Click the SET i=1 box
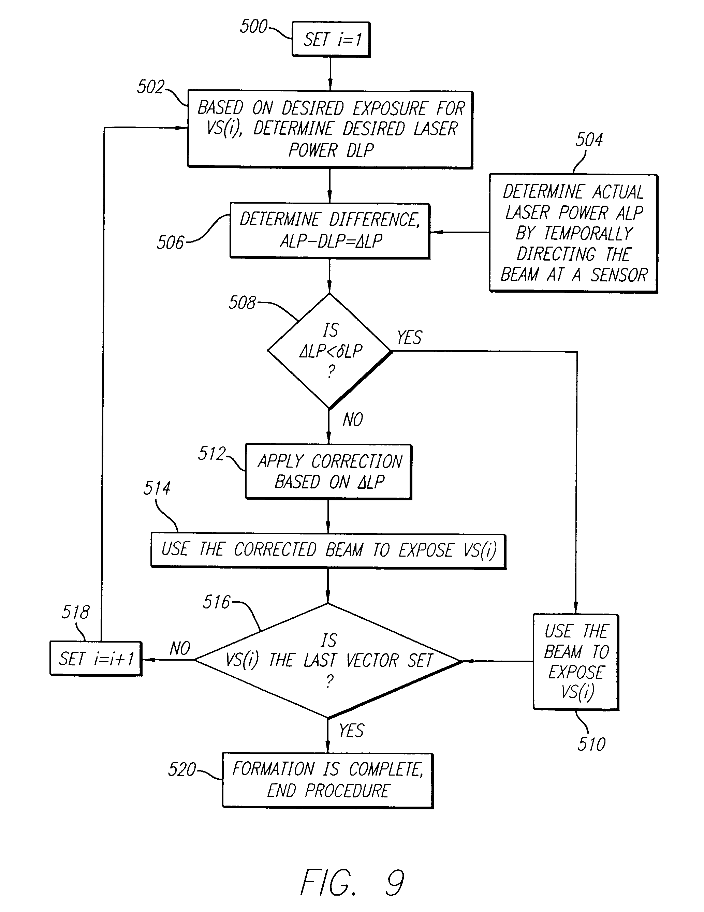coord(331,40)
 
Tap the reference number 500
coord(253,26)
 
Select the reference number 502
coord(150,87)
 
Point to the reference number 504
coord(589,140)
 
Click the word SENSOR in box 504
coord(619,275)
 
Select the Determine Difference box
coord(330,231)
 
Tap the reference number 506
coord(170,242)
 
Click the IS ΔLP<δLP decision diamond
coord(330,351)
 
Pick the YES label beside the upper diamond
coord(409,337)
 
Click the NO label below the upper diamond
coord(353,420)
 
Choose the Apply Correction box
coord(328,471)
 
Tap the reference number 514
coord(157,488)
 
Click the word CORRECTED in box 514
coord(275,550)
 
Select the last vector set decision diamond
coord(328,661)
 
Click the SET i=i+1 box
coord(96,659)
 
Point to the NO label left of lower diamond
coord(180,648)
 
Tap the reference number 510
coord(591,744)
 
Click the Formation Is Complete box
coord(328,780)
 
